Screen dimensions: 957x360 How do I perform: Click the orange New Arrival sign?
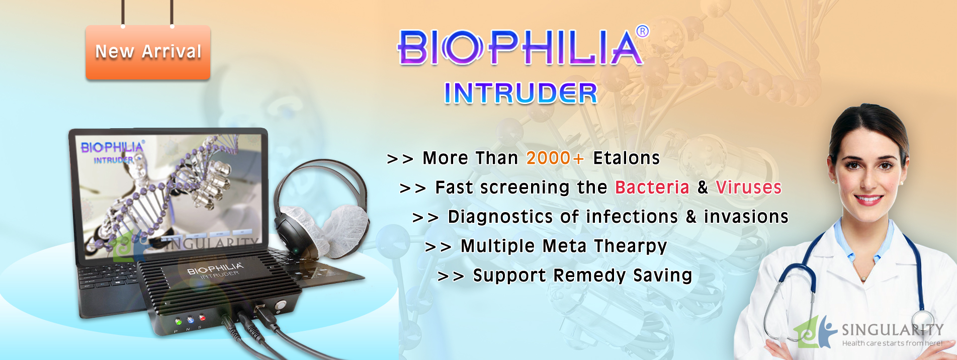pyautogui.click(x=148, y=52)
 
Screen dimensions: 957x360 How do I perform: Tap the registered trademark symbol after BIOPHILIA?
pyautogui.click(x=642, y=32)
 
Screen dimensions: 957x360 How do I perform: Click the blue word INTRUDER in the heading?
pyautogui.click(x=520, y=94)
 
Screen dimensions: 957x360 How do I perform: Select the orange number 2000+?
pyautogui.click(x=555, y=158)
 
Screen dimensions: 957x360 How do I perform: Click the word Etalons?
pyautogui.click(x=627, y=158)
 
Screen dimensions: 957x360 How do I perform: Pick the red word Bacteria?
pyautogui.click(x=652, y=187)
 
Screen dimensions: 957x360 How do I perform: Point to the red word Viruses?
pyautogui.click(x=749, y=187)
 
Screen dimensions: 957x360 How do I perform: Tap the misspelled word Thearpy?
pyautogui.click(x=631, y=246)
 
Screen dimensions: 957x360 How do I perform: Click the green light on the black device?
pyautogui.click(x=178, y=321)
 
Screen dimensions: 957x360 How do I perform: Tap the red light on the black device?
pyautogui.click(x=202, y=317)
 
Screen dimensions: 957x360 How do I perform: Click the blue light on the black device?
pyautogui.click(x=190, y=320)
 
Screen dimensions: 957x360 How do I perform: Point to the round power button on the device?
pyautogui.click(x=280, y=305)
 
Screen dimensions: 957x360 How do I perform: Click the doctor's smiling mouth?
pyautogui.click(x=868, y=200)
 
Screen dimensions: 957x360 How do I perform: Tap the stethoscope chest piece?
pyautogui.click(x=924, y=322)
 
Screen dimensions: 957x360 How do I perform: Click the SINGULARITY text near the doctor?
pyautogui.click(x=893, y=330)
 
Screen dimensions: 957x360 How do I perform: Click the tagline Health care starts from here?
pyautogui.click(x=893, y=343)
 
